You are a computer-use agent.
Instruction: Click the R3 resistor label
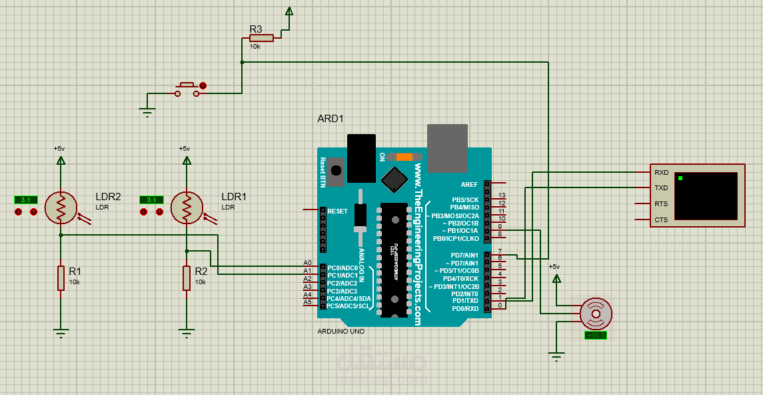click(x=256, y=29)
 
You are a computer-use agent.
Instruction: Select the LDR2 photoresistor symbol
click(x=61, y=208)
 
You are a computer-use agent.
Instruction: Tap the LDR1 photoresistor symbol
click(x=187, y=208)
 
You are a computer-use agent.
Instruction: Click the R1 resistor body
click(x=61, y=278)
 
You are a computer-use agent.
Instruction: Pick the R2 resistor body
click(x=187, y=278)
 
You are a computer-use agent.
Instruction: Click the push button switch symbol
click(x=187, y=90)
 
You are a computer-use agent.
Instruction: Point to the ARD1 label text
click(x=331, y=119)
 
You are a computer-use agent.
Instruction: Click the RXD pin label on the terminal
click(x=661, y=172)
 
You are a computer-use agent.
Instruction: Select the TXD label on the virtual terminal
click(x=661, y=188)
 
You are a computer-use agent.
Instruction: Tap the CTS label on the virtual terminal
click(x=661, y=220)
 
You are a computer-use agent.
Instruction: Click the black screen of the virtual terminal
click(x=706, y=196)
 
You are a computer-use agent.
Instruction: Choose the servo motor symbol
click(x=596, y=313)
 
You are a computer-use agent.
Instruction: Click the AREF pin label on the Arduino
click(x=469, y=183)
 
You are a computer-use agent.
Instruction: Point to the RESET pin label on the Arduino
click(x=338, y=211)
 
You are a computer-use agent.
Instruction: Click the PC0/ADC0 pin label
click(x=343, y=268)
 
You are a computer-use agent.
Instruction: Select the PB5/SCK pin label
click(x=465, y=200)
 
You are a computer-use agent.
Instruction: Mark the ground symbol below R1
click(x=61, y=334)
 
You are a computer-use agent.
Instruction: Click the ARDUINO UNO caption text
click(x=341, y=332)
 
